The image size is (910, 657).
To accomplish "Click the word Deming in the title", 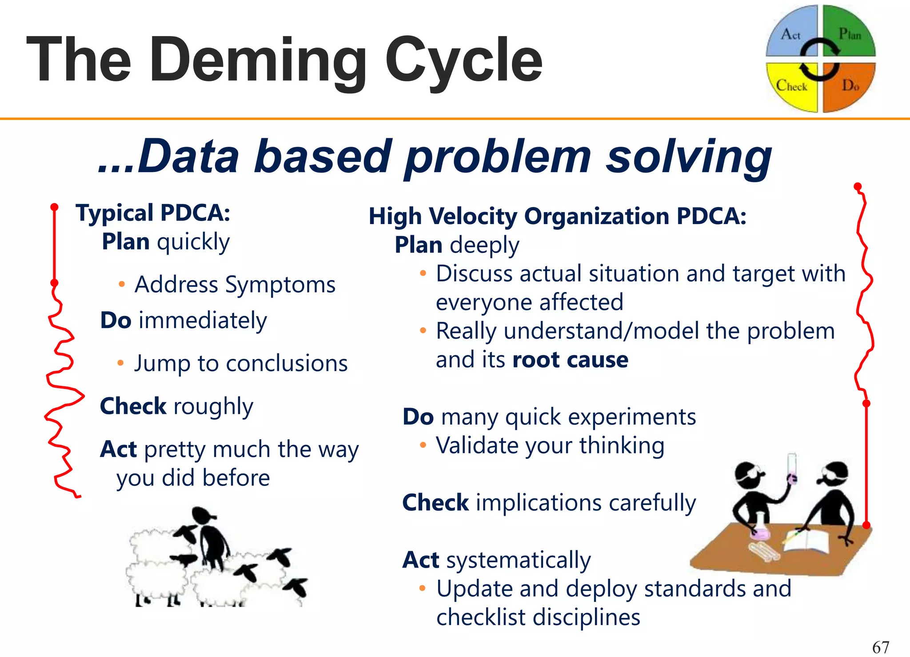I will pos(258,60).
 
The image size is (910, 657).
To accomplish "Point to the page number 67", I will pos(881,647).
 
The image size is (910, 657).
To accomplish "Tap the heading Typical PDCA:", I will pos(153,212).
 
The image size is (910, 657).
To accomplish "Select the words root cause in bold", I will pos(570,360).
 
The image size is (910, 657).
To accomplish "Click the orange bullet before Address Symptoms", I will pos(121,284).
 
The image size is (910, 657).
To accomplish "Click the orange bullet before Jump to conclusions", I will pos(120,363).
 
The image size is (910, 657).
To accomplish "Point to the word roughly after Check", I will pos(213,406).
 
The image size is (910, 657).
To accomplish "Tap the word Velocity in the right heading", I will pos(471,216).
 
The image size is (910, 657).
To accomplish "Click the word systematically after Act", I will pos(519,560).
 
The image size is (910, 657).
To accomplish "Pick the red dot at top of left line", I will pos(54,207).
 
